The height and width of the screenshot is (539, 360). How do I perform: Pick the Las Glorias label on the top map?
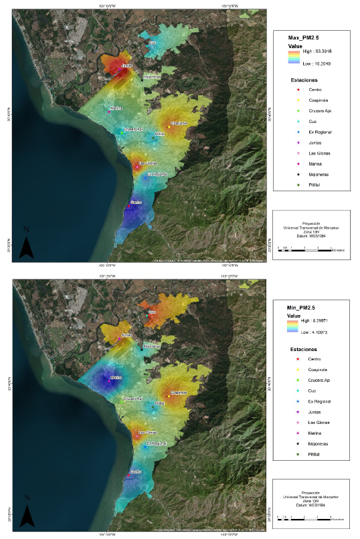tap(148, 163)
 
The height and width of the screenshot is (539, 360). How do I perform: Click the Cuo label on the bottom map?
tap(152, 312)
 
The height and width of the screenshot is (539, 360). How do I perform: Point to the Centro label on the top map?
tap(136, 202)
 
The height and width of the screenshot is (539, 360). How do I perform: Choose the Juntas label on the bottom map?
tap(127, 335)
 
